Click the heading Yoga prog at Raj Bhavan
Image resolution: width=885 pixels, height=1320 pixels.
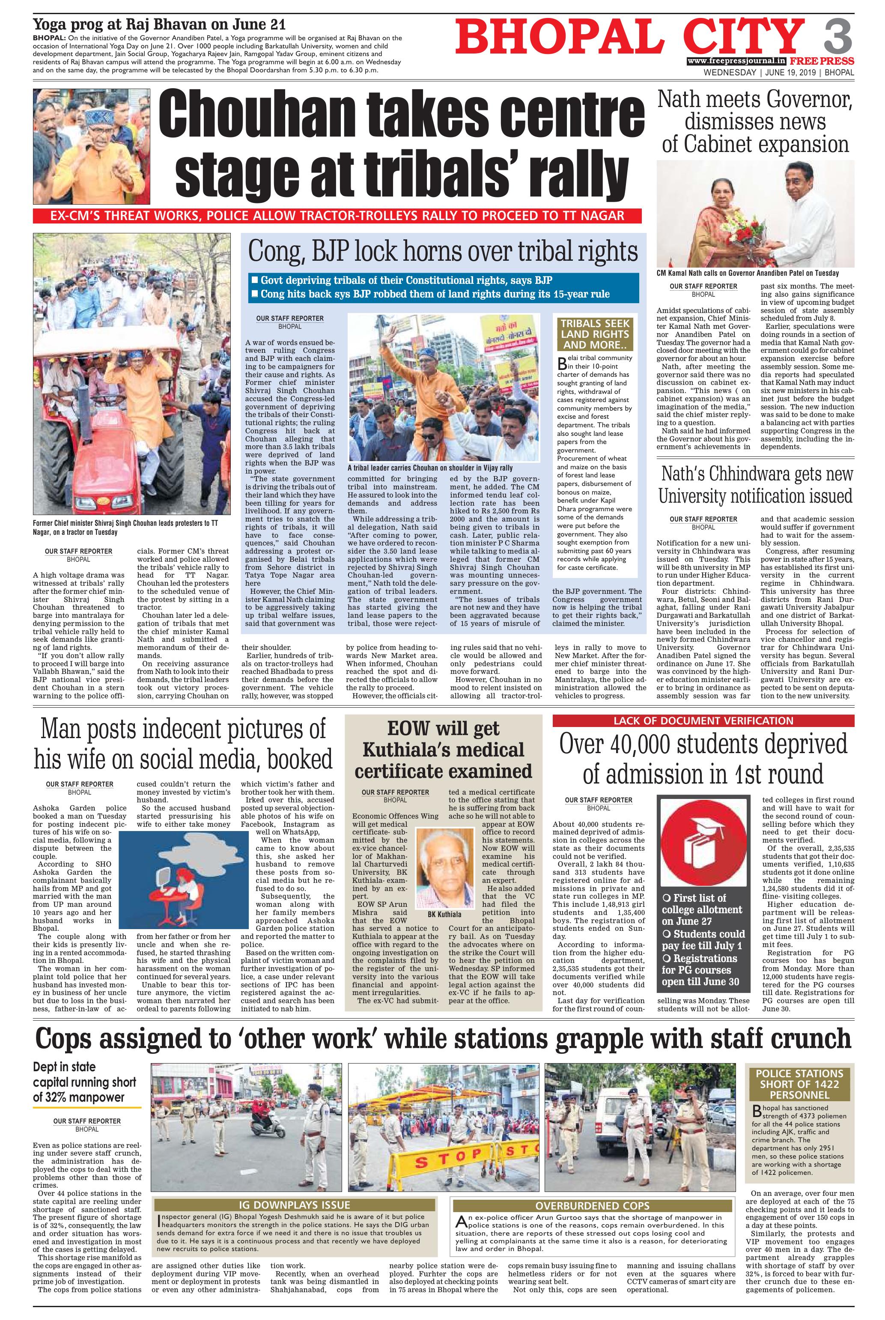click(x=159, y=25)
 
